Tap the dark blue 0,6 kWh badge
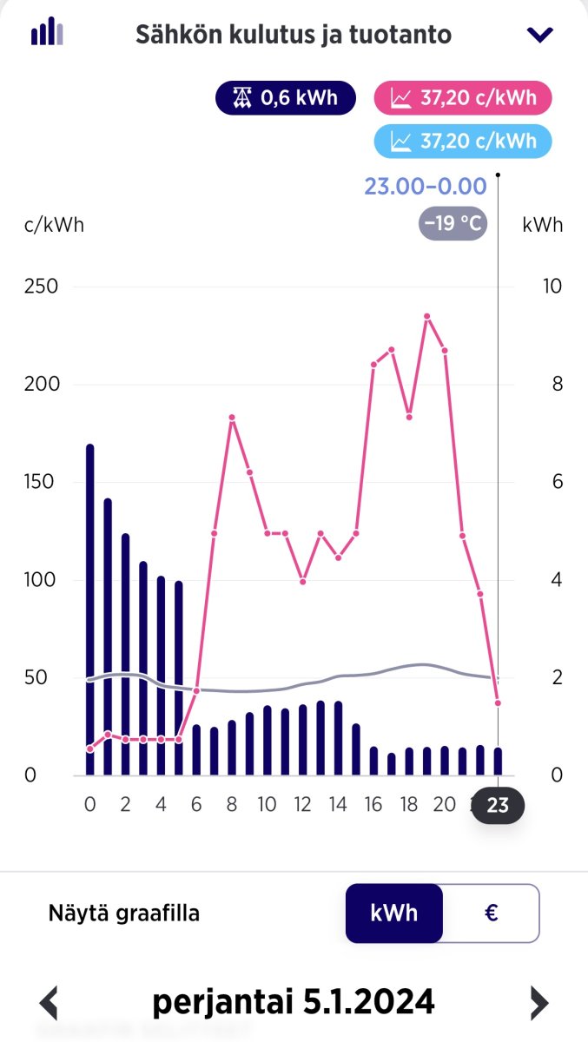point(286,97)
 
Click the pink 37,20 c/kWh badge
point(463,97)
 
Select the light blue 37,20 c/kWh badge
point(463,140)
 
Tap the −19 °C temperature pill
point(453,223)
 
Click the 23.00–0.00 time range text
point(425,186)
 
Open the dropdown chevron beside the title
point(539,35)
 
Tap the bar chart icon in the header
point(47,32)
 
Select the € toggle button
point(491,913)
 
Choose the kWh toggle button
point(394,913)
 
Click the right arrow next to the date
point(539,1003)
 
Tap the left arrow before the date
point(50,1003)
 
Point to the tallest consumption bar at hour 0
point(89,608)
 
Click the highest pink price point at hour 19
point(427,316)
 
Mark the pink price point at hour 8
point(232,418)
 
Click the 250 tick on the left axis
point(41,287)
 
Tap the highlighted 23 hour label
point(498,805)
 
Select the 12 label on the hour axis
point(302,804)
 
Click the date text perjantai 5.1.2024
point(294,1002)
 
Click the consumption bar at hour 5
point(179,677)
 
